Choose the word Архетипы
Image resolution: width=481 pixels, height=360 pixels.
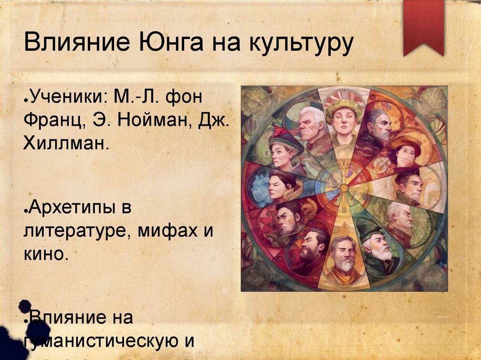[78, 207]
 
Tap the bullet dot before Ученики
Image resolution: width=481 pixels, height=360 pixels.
[26, 99]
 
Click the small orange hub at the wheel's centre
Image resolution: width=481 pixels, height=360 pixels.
[344, 188]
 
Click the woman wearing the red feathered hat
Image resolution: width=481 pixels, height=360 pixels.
[281, 151]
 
